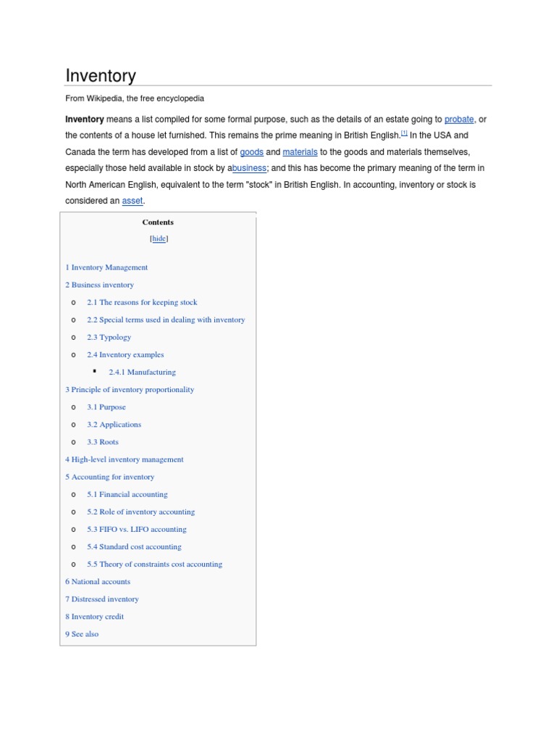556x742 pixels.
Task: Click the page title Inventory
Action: point(101,76)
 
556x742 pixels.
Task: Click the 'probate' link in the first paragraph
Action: point(459,119)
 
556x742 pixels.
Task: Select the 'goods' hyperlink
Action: point(251,152)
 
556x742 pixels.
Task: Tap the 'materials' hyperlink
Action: point(300,152)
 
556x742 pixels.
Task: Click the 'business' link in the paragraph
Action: point(249,168)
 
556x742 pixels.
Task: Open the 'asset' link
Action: point(132,201)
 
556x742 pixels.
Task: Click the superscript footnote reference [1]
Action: point(405,133)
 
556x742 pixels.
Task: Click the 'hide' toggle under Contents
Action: point(159,238)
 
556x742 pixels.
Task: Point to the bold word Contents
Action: point(158,222)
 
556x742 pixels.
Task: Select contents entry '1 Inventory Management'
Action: point(106,267)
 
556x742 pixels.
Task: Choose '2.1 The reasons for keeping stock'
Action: point(142,302)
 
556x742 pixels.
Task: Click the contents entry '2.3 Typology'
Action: point(109,337)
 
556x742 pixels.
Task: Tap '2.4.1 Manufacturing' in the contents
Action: point(142,372)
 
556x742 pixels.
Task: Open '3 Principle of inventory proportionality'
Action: point(130,389)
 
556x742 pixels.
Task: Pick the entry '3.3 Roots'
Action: point(103,442)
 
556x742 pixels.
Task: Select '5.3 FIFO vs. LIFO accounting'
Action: point(137,529)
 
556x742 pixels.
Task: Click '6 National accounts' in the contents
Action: point(98,581)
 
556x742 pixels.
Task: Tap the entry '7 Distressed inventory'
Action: point(102,599)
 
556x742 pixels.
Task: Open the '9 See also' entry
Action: point(82,634)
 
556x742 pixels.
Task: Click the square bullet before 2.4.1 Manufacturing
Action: point(95,371)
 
